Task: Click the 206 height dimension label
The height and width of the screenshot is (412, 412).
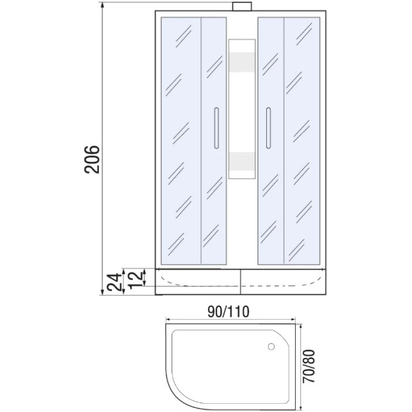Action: pyautogui.click(x=92, y=159)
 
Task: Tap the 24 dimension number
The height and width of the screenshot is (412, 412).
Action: pyautogui.click(x=115, y=282)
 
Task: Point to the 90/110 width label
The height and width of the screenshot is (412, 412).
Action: pyautogui.click(x=228, y=312)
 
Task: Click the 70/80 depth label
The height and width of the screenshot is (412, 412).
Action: pyautogui.click(x=308, y=366)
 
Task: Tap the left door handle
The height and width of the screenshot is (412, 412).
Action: pyautogui.click(x=216, y=128)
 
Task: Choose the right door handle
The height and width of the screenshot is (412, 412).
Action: pyautogui.click(x=268, y=128)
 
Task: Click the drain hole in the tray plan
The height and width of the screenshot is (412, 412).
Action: pyautogui.click(x=271, y=347)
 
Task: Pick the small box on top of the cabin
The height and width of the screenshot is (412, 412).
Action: pyautogui.click(x=242, y=7)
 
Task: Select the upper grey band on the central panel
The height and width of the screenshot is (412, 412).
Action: pyautogui.click(x=242, y=62)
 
